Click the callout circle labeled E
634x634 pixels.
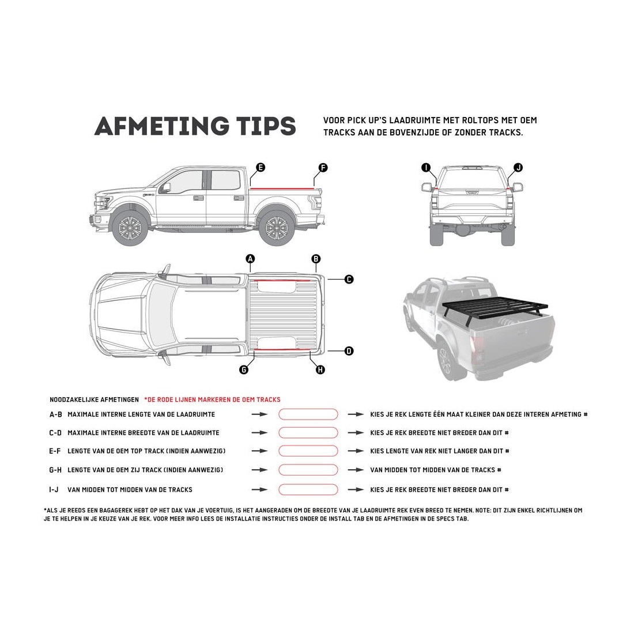click(x=261, y=167)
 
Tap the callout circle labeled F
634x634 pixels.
click(x=323, y=167)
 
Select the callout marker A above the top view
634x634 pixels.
click(x=250, y=259)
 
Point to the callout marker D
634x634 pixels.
click(x=349, y=351)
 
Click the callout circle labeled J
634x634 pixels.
click(x=518, y=167)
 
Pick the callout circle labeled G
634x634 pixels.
click(x=244, y=369)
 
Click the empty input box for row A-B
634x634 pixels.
click(x=308, y=414)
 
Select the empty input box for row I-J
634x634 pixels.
click(x=308, y=489)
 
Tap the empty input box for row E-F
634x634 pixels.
click(x=308, y=451)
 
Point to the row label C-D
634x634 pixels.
click(x=55, y=433)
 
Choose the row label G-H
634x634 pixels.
click(x=55, y=470)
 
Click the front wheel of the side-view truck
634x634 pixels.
click(x=131, y=227)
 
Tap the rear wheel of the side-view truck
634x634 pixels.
click(x=277, y=227)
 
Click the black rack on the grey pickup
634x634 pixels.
click(x=495, y=312)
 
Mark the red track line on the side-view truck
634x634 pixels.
click(x=282, y=188)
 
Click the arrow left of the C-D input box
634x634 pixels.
click(x=259, y=433)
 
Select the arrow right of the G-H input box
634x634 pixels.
click(x=356, y=470)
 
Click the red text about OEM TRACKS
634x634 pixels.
click(x=212, y=399)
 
